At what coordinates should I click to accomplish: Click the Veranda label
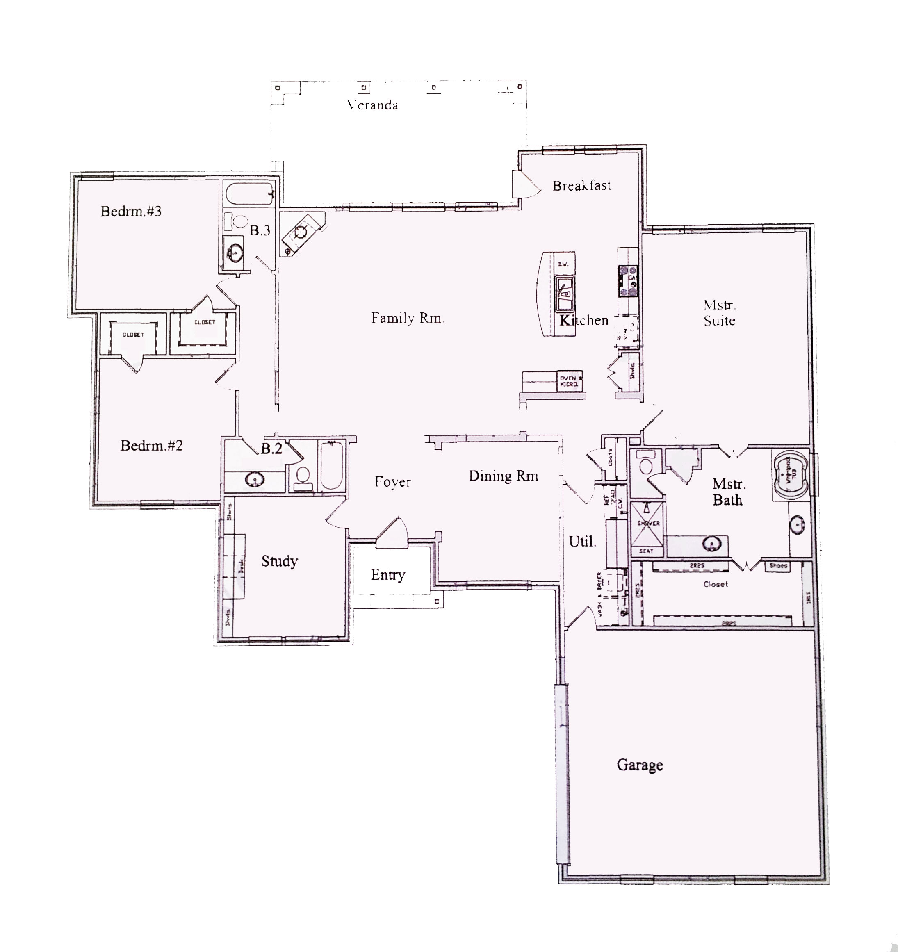tap(373, 105)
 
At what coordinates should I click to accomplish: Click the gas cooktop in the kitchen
tap(628, 282)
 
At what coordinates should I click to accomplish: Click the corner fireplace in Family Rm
tap(301, 233)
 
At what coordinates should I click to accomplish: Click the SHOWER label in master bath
tap(648, 524)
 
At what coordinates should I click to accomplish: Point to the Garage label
tap(639, 765)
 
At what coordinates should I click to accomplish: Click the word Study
tap(279, 561)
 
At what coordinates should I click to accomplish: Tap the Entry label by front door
tap(388, 575)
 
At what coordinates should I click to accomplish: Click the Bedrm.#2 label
tap(151, 446)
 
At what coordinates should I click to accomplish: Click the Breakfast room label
tap(581, 186)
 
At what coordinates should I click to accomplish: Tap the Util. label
tap(582, 542)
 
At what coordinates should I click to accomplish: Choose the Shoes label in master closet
tap(778, 565)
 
